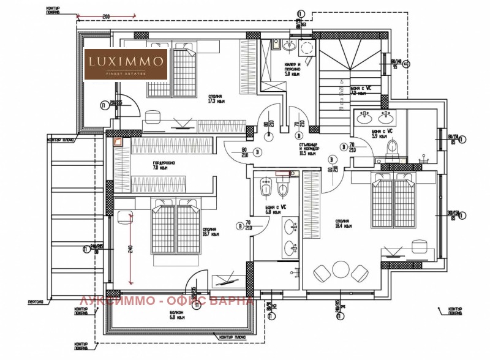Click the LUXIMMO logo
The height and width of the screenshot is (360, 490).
pos(126,64)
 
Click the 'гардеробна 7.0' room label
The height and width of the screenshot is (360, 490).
pos(164,165)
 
